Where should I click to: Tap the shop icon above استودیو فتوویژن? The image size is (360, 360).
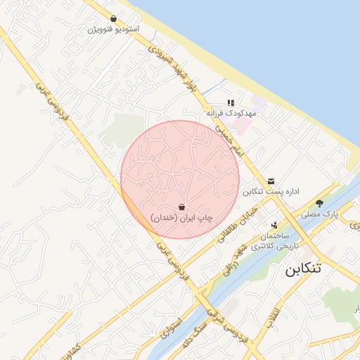pyautogui.click(x=114, y=19)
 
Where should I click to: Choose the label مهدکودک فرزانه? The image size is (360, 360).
pyautogui.click(x=231, y=112)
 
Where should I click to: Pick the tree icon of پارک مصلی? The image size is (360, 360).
pyautogui.click(x=320, y=202)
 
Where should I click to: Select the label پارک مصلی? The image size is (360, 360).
pyautogui.click(x=321, y=213)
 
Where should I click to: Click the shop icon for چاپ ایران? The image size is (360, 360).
pyautogui.click(x=182, y=207)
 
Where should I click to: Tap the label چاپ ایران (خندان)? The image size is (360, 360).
pyautogui.click(x=181, y=219)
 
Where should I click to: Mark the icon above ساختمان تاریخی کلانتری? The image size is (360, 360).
pyautogui.click(x=274, y=226)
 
